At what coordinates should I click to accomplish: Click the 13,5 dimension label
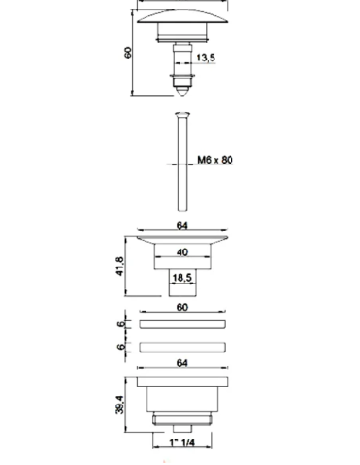click(x=206, y=58)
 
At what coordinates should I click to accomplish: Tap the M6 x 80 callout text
click(x=215, y=160)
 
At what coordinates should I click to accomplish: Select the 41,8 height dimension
click(x=120, y=267)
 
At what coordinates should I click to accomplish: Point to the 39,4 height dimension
click(x=120, y=405)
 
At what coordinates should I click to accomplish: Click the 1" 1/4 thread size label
click(x=182, y=442)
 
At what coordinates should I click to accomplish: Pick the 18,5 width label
click(x=182, y=278)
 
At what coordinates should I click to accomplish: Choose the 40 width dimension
click(x=182, y=252)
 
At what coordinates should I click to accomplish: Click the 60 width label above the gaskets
click(x=182, y=307)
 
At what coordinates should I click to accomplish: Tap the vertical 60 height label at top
click(x=128, y=53)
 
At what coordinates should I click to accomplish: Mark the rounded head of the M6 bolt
click(x=182, y=114)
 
